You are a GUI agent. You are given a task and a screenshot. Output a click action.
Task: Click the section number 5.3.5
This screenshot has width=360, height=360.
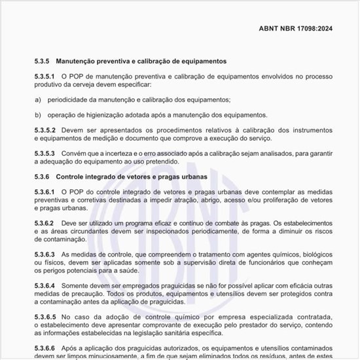(x=43, y=61)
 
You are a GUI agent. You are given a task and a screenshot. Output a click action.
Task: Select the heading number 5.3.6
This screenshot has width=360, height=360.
(x=43, y=177)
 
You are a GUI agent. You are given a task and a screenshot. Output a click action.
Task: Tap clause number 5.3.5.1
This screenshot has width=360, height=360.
(x=46, y=77)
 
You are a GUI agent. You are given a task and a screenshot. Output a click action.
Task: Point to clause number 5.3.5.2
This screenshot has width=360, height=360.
(x=46, y=129)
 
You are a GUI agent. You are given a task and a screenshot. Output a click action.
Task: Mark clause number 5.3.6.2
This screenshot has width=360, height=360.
(x=46, y=223)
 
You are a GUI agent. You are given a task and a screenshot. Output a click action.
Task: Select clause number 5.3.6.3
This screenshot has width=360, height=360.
(x=46, y=254)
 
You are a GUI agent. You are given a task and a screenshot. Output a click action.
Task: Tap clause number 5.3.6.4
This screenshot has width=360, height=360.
(x=46, y=285)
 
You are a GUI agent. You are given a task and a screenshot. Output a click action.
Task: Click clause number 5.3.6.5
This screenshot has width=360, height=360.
(x=46, y=317)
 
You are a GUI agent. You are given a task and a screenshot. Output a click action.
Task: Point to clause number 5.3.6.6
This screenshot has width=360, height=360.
(x=46, y=348)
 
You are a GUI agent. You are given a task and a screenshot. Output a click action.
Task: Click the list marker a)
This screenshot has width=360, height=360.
(x=37, y=99)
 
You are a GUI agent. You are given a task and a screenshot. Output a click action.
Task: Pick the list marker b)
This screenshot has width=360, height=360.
(x=37, y=114)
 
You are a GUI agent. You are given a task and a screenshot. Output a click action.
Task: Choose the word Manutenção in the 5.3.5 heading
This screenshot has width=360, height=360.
(x=78, y=61)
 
